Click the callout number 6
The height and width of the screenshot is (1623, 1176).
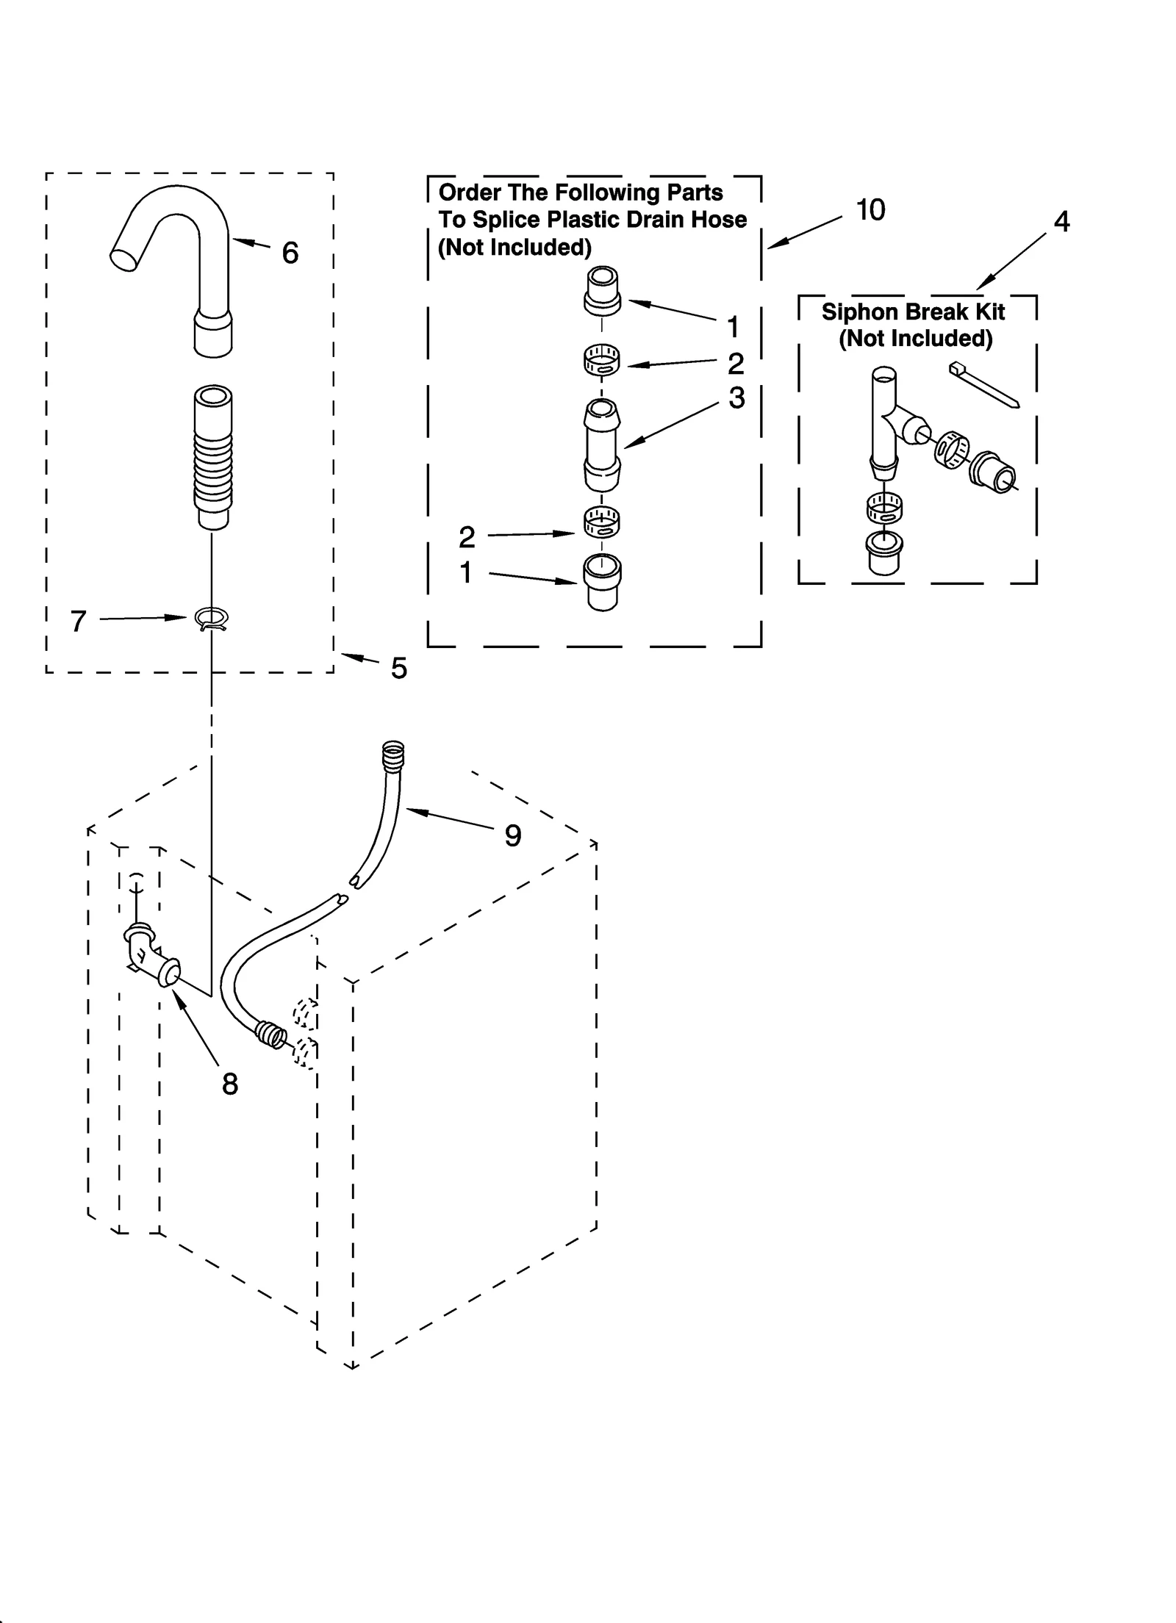290,253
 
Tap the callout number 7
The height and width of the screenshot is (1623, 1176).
78,622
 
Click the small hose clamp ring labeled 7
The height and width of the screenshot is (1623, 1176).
212,619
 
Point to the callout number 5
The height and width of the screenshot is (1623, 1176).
398,669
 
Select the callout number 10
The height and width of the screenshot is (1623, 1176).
871,210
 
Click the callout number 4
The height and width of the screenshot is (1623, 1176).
1061,221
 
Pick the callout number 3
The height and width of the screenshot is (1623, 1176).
736,397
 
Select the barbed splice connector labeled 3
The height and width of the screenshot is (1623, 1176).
602,444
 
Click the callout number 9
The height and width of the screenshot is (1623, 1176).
512,835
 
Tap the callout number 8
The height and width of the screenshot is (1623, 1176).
230,1084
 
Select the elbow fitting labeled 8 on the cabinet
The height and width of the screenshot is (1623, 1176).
151,958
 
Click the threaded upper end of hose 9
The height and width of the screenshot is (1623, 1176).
394,755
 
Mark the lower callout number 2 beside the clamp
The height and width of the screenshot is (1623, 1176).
467,538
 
